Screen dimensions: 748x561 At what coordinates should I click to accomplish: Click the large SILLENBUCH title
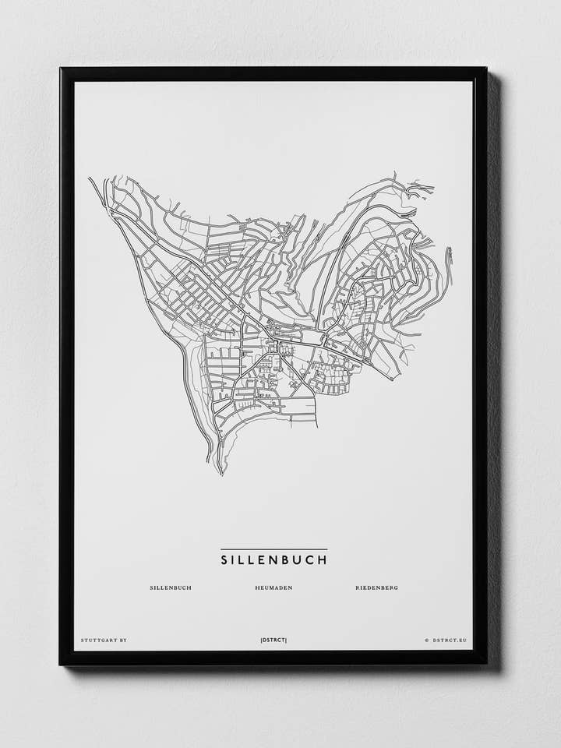tap(273, 559)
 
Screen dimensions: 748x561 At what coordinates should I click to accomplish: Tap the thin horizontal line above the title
tap(273, 549)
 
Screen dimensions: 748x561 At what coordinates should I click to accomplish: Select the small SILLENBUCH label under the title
tap(171, 587)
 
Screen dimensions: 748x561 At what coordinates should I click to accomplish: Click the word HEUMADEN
tap(273, 587)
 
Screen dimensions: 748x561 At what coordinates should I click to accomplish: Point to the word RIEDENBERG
tap(376, 587)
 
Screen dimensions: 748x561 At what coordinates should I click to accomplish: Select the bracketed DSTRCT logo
tap(273, 640)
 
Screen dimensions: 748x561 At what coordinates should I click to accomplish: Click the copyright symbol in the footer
tap(426, 640)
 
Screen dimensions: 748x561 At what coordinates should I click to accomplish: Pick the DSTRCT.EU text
tap(449, 640)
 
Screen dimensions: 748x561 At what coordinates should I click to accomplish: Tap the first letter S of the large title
tap(224, 559)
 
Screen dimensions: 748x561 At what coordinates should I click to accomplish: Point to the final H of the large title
tap(323, 559)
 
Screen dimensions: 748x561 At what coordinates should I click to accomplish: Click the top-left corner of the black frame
tap(61, 69)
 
